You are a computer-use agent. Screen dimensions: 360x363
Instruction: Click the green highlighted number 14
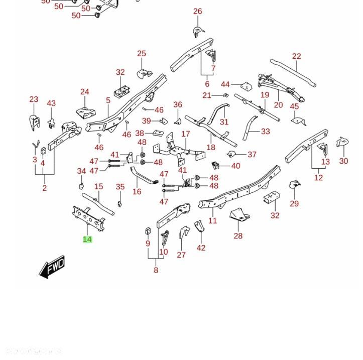click(x=87, y=239)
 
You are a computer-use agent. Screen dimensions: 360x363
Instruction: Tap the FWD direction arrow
click(x=52, y=267)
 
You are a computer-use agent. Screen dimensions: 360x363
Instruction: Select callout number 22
click(x=296, y=57)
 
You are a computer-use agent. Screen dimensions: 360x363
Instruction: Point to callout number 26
click(x=197, y=12)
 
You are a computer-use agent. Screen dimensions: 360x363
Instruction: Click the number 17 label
click(x=186, y=134)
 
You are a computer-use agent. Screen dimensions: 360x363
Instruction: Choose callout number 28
click(x=238, y=235)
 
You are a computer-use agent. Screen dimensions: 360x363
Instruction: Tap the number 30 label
click(x=343, y=161)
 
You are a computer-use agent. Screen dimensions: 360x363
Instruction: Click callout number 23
click(x=34, y=99)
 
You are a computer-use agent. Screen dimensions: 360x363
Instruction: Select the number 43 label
click(x=51, y=103)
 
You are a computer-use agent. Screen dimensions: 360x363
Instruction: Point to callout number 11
click(x=213, y=220)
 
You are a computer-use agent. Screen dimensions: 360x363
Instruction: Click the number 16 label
click(x=137, y=191)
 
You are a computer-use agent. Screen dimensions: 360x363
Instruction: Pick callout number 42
click(x=201, y=248)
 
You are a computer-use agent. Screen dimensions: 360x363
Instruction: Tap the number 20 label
click(x=278, y=105)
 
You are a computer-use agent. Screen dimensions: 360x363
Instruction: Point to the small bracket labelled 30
click(x=343, y=142)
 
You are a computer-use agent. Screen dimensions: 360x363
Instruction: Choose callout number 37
click(x=252, y=155)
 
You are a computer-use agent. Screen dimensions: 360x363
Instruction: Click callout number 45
click(x=294, y=106)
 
